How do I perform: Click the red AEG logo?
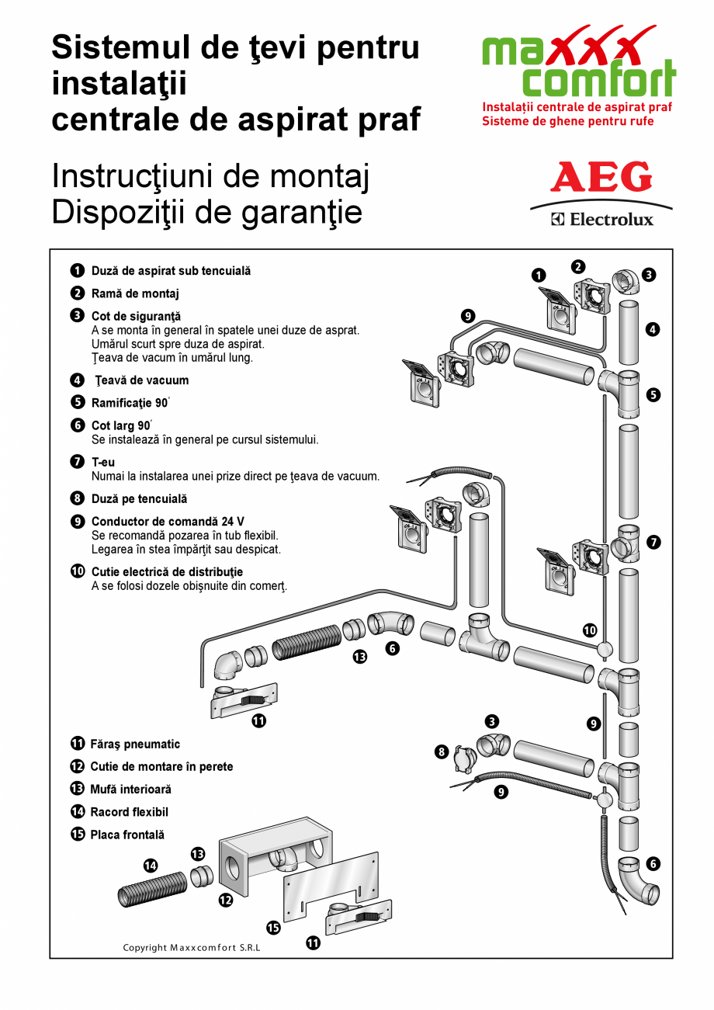click(601, 178)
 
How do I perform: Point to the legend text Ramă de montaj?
click(135, 293)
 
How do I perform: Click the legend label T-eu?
click(103, 462)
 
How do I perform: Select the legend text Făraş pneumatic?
click(134, 744)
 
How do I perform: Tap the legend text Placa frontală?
click(127, 835)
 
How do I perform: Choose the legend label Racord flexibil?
click(129, 812)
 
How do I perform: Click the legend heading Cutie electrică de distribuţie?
click(167, 571)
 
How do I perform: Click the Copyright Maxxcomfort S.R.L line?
click(192, 947)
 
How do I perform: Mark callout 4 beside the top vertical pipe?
click(653, 329)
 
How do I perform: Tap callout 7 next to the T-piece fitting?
click(654, 542)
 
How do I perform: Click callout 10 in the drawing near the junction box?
click(590, 630)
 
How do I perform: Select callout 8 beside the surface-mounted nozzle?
click(442, 751)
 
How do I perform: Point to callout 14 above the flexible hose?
click(151, 865)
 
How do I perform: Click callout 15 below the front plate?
click(273, 927)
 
